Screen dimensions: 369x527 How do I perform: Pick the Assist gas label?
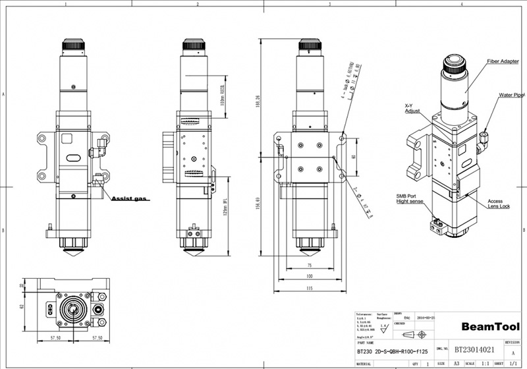coord(131,198)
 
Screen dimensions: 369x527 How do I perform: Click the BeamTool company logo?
coord(489,326)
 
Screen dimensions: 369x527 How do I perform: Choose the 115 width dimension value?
coord(308,287)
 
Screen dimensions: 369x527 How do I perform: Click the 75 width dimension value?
coord(308,265)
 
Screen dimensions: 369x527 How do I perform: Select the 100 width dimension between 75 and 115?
coord(308,276)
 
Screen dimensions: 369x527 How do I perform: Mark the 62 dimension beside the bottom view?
coord(21,306)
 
